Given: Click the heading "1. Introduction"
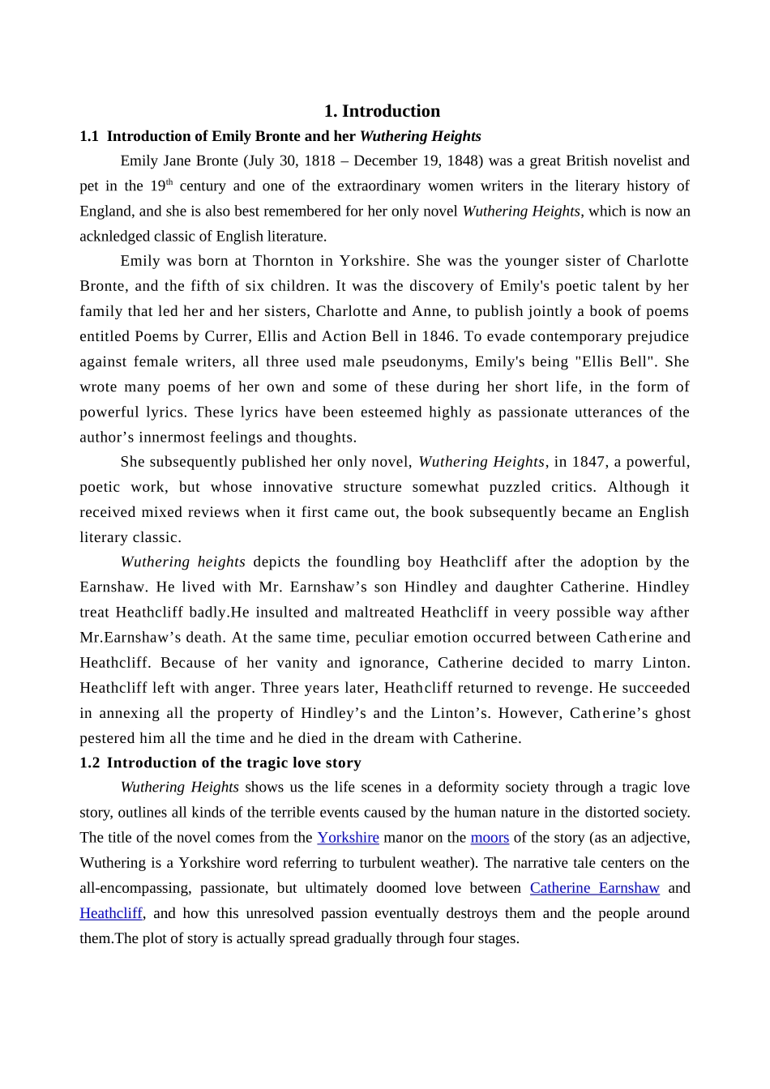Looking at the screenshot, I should [382, 111].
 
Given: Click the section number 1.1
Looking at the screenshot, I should [89, 136].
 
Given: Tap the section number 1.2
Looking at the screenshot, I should [90, 762].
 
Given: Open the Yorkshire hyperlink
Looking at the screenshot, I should [348, 838].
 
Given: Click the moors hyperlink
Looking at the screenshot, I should [490, 838].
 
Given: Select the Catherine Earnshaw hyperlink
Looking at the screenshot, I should [594, 888].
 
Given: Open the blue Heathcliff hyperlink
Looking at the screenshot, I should [111, 913].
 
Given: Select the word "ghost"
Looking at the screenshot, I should [669, 713].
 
